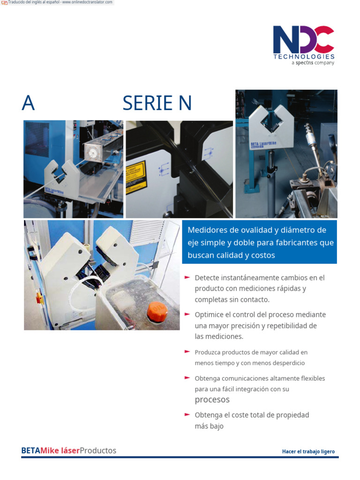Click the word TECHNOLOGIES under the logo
click(x=304, y=57)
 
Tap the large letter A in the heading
click(x=28, y=103)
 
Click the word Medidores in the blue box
click(x=206, y=230)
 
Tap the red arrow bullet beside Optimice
click(x=187, y=314)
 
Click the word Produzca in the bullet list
click(x=207, y=352)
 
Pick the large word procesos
click(x=212, y=400)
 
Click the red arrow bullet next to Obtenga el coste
click(x=187, y=414)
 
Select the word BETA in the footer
click(x=30, y=450)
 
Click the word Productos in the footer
click(x=98, y=450)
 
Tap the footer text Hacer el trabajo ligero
click(x=308, y=451)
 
